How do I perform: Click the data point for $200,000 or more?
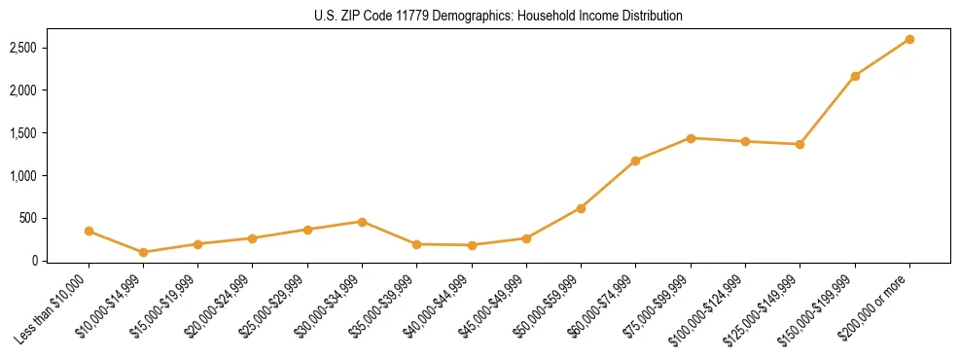click(x=909, y=39)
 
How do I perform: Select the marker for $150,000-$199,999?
click(x=855, y=76)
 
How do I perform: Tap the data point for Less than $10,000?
click(x=89, y=231)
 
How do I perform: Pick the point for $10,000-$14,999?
click(x=144, y=252)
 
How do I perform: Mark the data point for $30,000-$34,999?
click(x=362, y=222)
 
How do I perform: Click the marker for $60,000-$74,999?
click(x=636, y=161)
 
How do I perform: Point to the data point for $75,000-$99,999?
click(x=691, y=138)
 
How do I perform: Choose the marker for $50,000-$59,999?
click(x=581, y=208)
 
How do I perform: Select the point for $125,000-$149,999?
click(x=800, y=144)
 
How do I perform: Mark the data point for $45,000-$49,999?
click(x=526, y=238)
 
